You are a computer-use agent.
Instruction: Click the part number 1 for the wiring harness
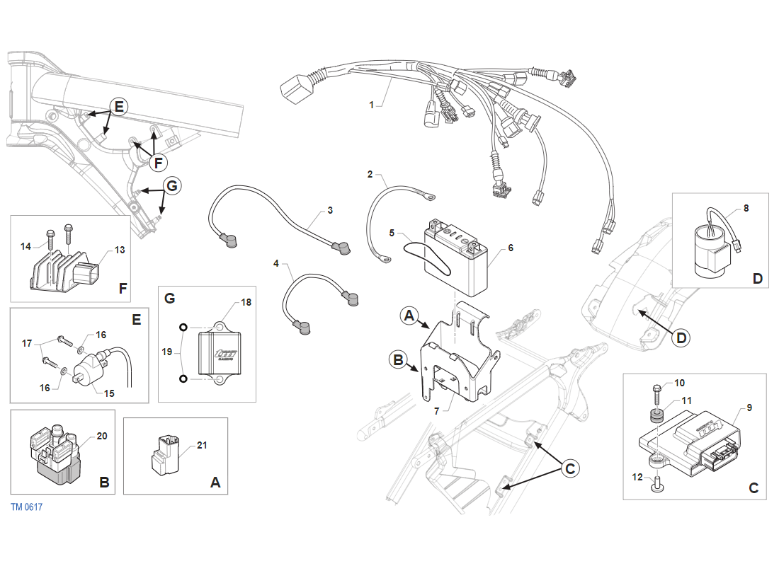pyautogui.click(x=371, y=105)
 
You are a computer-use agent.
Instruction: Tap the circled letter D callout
pyautogui.click(x=681, y=338)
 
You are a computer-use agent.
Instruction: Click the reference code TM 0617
pyautogui.click(x=27, y=507)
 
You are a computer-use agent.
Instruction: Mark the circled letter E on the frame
pyautogui.click(x=119, y=107)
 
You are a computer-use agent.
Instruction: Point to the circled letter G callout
pyautogui.click(x=171, y=185)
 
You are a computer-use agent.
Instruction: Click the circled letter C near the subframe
pyautogui.click(x=570, y=468)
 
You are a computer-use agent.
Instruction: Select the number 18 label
pyautogui.click(x=246, y=302)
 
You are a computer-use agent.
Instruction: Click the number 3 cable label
pyautogui.click(x=330, y=211)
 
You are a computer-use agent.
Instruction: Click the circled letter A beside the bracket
pyautogui.click(x=409, y=316)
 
